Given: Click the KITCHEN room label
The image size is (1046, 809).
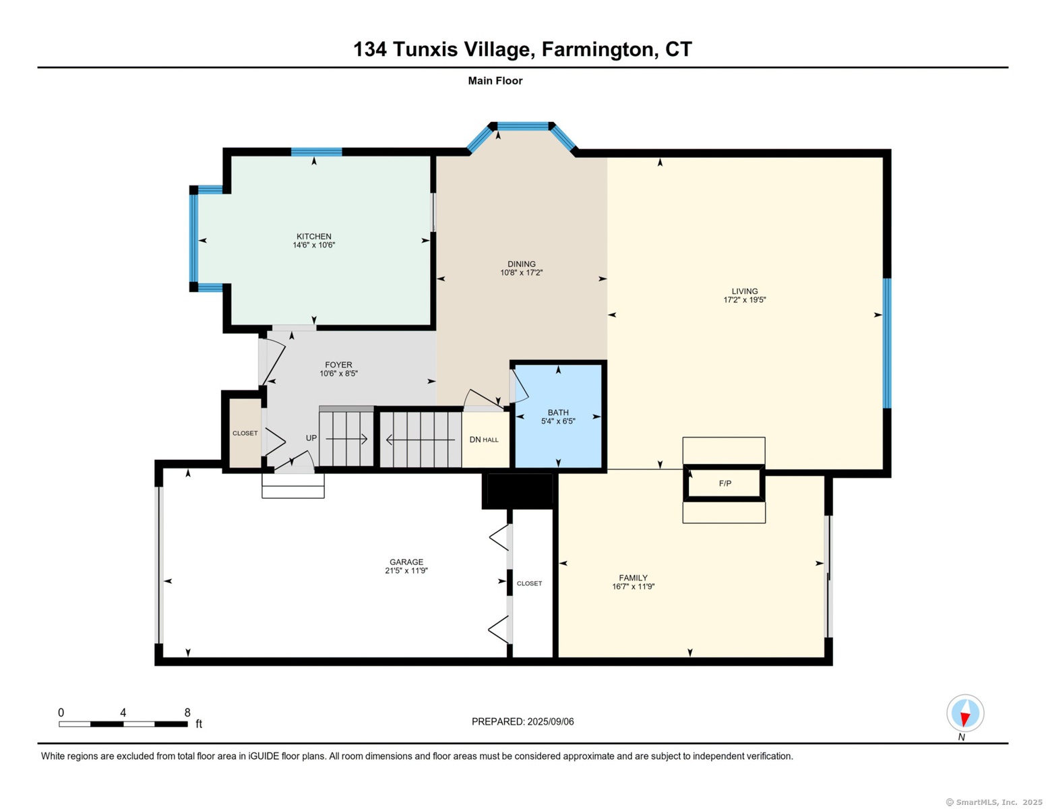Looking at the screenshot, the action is (x=313, y=237).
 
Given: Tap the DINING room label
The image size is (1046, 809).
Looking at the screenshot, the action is (x=522, y=264).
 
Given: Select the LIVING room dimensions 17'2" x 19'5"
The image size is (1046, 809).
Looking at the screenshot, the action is (x=744, y=300).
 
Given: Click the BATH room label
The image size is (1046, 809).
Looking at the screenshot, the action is (x=558, y=413).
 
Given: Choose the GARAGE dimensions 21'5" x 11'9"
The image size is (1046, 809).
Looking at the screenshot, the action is (x=406, y=571).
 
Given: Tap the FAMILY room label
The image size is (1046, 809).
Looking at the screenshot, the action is (x=633, y=578).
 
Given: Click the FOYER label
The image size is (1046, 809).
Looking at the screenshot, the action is (x=338, y=365).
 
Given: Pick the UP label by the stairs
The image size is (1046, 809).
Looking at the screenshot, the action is (x=311, y=438).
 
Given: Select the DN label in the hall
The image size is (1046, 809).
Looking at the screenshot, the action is (x=475, y=440).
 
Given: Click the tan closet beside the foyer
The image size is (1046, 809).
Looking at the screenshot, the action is (x=245, y=433).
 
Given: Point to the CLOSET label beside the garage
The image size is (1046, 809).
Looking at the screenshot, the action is (x=529, y=583).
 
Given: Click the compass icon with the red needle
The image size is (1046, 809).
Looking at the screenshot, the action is (x=965, y=713).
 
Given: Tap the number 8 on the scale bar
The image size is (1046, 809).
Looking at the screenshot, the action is (x=187, y=713).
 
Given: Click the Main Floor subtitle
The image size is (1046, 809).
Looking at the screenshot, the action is (x=495, y=81).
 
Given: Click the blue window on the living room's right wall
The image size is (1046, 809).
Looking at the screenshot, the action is (x=887, y=343).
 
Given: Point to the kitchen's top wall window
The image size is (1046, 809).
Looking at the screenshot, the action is (x=316, y=152).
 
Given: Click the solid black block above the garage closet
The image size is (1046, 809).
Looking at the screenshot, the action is (x=519, y=491).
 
